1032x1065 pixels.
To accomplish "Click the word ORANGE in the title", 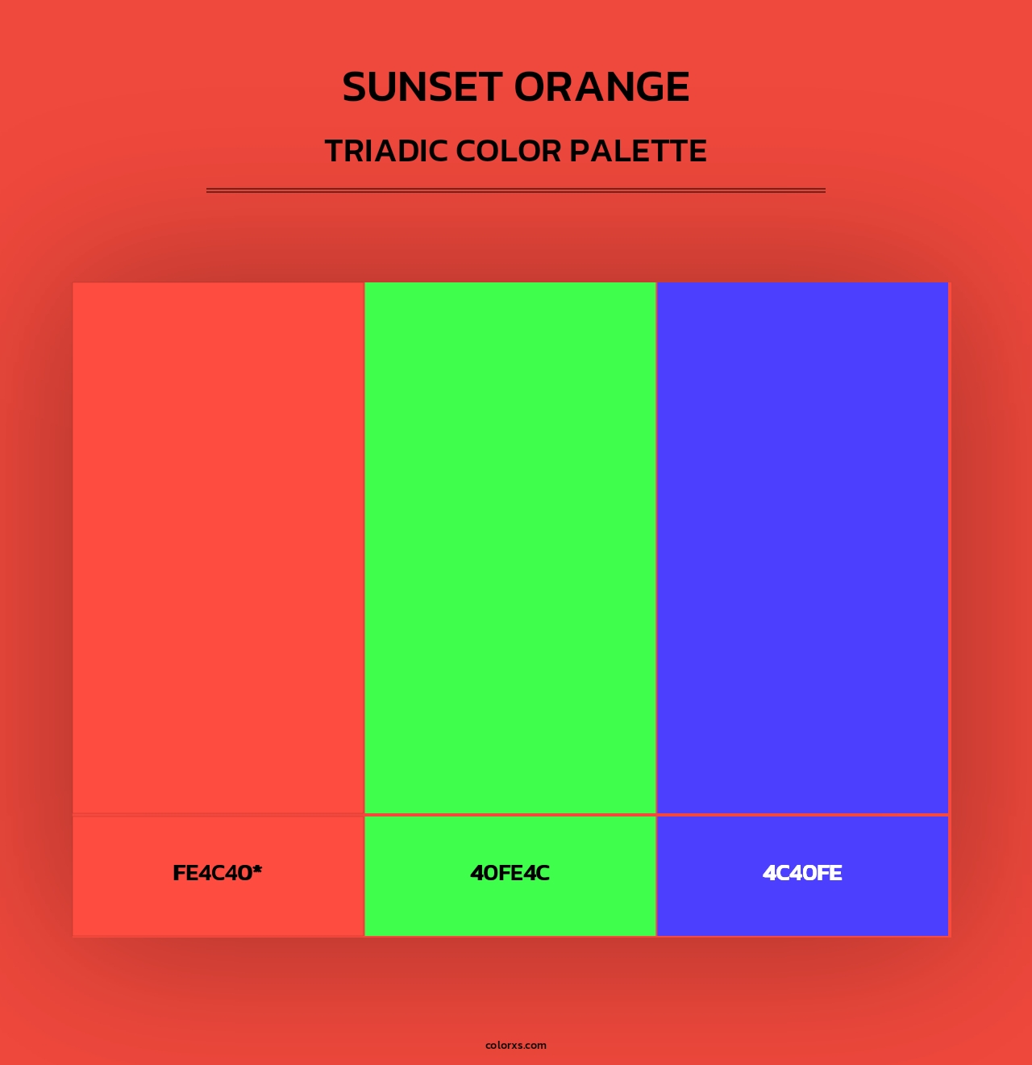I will (x=602, y=87).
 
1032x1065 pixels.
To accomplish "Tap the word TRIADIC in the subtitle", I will (x=386, y=151).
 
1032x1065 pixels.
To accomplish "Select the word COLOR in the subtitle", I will (x=508, y=151).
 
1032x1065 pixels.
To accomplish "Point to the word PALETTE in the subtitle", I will (x=639, y=151).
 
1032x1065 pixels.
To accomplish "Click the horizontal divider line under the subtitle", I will (x=516, y=190).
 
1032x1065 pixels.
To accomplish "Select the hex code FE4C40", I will (x=212, y=873).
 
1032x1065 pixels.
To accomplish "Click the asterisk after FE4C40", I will (x=257, y=870).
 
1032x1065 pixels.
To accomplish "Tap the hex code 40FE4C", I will (x=510, y=873).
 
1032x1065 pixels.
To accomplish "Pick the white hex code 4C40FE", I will (x=802, y=873).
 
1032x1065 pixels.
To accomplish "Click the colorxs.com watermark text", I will (x=516, y=1045).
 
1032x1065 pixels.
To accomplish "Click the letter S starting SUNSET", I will (x=356, y=87).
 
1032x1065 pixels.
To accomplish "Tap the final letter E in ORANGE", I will (x=676, y=87).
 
